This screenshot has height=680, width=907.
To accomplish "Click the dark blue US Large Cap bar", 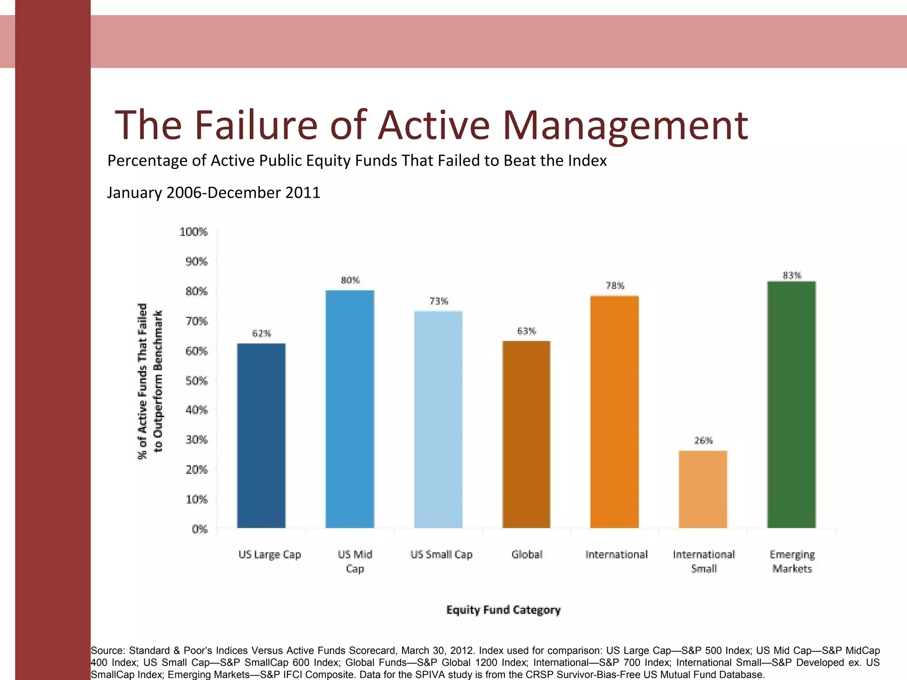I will pos(261,436).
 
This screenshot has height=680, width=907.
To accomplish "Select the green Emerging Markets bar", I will pos(791,405).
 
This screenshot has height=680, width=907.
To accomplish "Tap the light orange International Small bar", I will pos(703,489).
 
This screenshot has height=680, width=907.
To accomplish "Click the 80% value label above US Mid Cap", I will pos(350,280).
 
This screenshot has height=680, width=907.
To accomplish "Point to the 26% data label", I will pos(703,440).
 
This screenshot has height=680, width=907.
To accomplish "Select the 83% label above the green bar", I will pos(792,275).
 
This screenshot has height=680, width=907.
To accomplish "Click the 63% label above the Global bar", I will pos(527,331).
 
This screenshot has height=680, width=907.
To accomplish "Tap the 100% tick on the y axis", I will pos(194,232).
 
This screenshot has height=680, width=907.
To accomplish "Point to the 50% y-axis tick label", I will pos(196,381).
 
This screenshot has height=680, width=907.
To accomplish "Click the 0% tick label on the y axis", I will pos(199,529).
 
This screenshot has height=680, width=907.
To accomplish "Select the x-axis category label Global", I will pos(527,554).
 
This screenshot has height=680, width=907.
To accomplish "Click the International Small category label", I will pos(704,561).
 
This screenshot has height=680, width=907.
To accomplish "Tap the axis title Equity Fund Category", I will pos(503,610).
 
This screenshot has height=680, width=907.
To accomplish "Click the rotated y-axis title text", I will pos(150,381).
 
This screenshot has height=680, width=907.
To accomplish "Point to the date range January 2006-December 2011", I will pos(213,193).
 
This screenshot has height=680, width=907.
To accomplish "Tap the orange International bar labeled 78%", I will pos(614,412).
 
